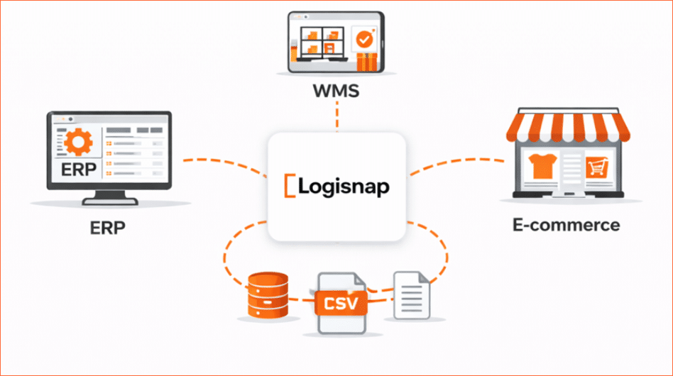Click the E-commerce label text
click(x=566, y=226)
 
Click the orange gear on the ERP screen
click(x=75, y=142)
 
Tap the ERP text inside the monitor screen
click(x=75, y=170)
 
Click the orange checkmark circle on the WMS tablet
click(x=365, y=40)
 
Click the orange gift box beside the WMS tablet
click(x=368, y=62)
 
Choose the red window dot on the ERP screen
click(x=58, y=118)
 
